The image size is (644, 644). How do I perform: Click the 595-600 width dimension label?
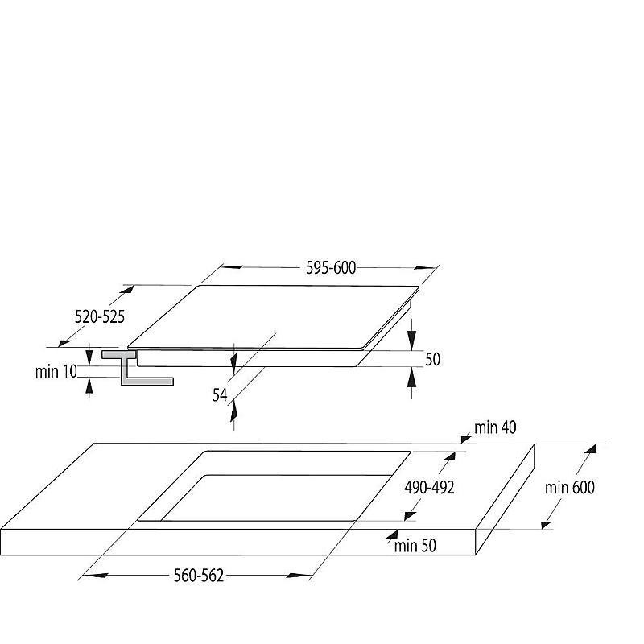(x=331, y=268)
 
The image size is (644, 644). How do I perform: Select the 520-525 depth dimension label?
(x=99, y=316)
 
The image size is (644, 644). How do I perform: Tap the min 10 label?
(x=56, y=372)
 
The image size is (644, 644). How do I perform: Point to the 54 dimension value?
(x=220, y=395)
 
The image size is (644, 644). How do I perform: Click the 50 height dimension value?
(x=432, y=359)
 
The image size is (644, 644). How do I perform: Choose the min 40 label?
(x=495, y=427)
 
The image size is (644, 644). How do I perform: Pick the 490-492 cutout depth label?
(x=430, y=488)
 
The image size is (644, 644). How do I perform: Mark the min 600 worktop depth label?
(x=570, y=488)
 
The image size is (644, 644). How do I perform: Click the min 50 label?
(x=415, y=546)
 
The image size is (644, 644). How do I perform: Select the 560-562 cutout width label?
(x=199, y=576)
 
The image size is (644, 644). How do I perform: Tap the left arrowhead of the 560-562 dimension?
(x=94, y=576)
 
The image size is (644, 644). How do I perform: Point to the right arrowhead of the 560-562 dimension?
(x=299, y=576)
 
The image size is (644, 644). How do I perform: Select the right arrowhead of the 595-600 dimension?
(x=426, y=268)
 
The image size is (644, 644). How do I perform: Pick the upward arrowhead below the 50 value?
(x=411, y=377)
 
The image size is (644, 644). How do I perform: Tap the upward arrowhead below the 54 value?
(x=233, y=411)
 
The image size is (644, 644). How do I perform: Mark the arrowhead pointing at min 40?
(x=466, y=439)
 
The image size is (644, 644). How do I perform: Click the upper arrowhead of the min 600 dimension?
(x=591, y=449)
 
